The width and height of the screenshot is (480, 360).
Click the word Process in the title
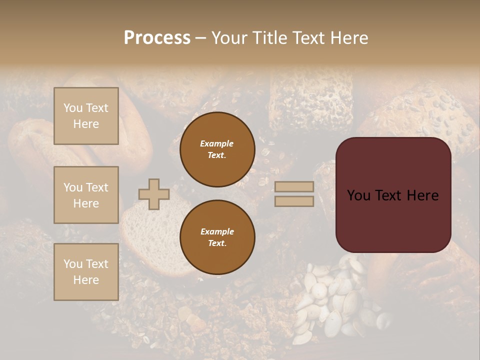tap(157, 38)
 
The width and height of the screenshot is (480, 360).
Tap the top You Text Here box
tap(86, 116)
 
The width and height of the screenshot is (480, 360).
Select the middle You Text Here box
tap(86, 195)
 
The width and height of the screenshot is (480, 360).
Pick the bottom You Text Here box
tap(86, 272)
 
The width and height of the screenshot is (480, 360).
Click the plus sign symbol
tap(154, 194)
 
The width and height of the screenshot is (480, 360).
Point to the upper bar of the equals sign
tap(294, 186)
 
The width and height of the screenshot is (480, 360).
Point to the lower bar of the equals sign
tap(294, 201)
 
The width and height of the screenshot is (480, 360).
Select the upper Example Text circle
tap(217, 149)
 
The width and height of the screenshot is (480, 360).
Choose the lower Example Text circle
tap(217, 237)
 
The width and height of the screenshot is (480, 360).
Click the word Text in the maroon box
tap(391, 195)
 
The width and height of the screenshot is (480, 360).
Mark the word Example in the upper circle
tap(217, 143)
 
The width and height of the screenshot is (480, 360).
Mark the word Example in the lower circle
tap(217, 231)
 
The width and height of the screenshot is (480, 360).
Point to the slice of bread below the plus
tap(150, 240)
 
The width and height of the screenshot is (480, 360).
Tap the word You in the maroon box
tap(358, 195)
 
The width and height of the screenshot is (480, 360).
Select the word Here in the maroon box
tap(423, 195)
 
